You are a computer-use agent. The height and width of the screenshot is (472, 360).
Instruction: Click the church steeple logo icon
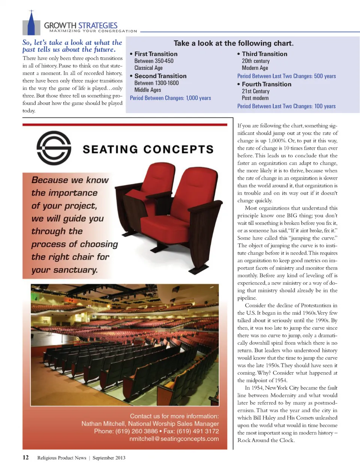[x=31, y=24]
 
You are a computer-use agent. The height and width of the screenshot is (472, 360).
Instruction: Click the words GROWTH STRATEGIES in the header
[x=81, y=25]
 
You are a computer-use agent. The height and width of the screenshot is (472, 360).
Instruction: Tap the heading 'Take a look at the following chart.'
[x=233, y=43]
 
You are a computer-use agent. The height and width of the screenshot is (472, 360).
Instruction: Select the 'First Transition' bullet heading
[x=156, y=54]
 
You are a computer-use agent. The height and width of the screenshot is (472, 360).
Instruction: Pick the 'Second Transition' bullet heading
[x=160, y=76]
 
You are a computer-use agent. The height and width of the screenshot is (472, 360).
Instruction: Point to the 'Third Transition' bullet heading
[x=264, y=54]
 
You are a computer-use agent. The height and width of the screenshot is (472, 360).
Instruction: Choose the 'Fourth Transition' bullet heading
[x=266, y=84]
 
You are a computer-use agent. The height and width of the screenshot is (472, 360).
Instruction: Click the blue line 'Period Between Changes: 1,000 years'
[x=170, y=98]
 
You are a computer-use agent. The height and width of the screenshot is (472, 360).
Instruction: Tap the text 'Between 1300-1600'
[x=156, y=83]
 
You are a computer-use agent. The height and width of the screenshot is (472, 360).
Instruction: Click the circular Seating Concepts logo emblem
[x=54, y=148]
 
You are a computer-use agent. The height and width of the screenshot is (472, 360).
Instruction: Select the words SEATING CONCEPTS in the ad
[x=148, y=149]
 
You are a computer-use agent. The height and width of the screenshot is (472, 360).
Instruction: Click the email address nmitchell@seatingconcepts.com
[x=174, y=439]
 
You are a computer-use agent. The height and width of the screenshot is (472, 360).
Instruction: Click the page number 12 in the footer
[x=25, y=457]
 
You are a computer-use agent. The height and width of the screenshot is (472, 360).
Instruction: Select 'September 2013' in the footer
[x=109, y=458]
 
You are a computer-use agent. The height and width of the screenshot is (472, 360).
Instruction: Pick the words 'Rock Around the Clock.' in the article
[x=266, y=440]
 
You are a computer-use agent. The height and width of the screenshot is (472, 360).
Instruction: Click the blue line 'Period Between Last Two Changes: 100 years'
[x=286, y=106]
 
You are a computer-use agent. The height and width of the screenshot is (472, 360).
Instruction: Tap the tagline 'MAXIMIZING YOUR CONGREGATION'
[x=93, y=31]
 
